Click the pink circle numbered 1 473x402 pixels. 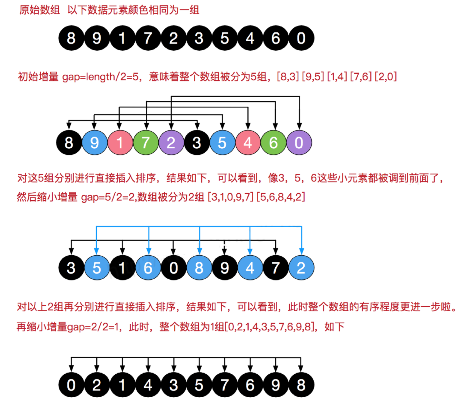click(x=120, y=143)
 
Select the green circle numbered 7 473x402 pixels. click(x=145, y=143)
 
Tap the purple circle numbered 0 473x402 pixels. click(x=299, y=143)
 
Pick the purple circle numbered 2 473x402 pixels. click(x=171, y=143)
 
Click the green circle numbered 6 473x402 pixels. click(x=273, y=143)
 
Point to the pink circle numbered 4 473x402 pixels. click(x=248, y=143)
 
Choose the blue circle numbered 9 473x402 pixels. click(x=94, y=143)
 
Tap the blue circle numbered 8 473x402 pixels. click(x=199, y=268)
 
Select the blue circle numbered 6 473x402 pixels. click(x=148, y=268)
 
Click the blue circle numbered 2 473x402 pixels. click(x=301, y=268)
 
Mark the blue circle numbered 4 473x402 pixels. click(x=250, y=268)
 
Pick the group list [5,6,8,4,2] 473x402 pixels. click(x=281, y=197)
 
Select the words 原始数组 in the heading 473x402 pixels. click(x=39, y=10)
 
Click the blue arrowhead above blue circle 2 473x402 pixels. click(x=301, y=251)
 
